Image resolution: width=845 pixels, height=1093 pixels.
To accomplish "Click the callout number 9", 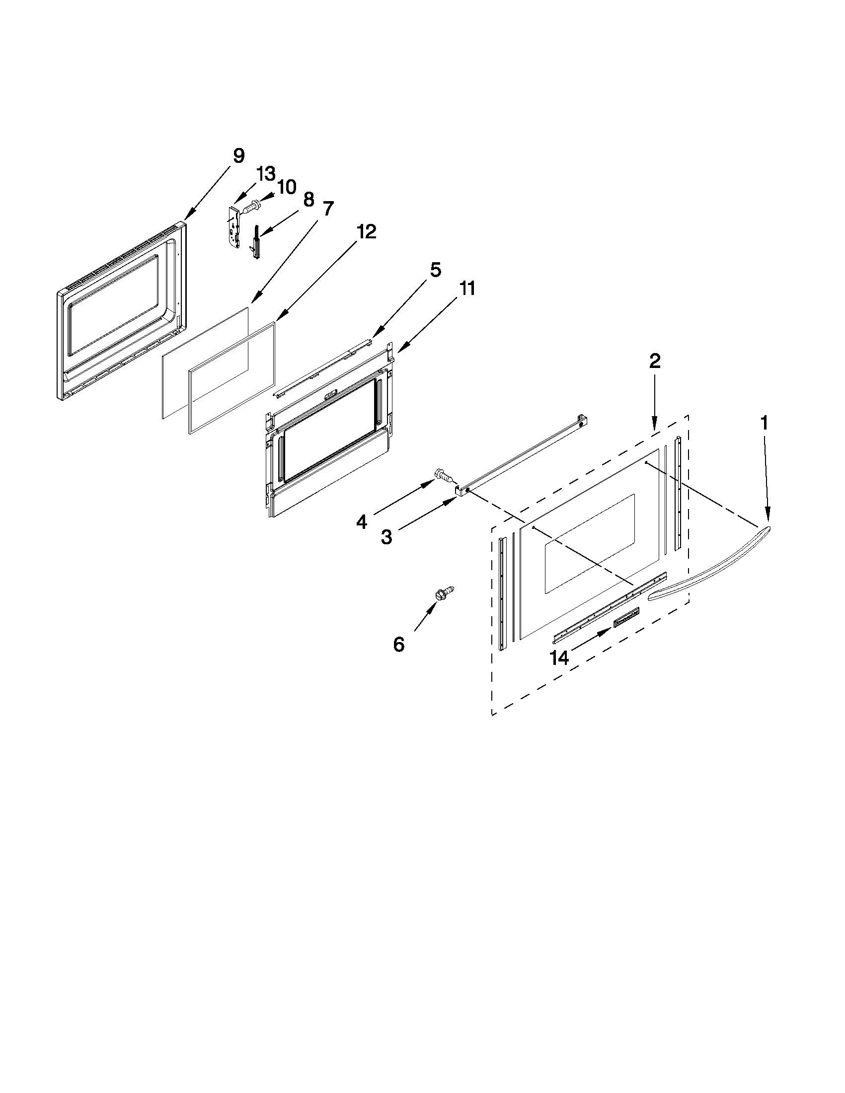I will coord(238,155).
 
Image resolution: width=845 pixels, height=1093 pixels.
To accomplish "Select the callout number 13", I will coord(266,174).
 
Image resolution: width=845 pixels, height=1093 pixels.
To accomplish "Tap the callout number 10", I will coord(286,187).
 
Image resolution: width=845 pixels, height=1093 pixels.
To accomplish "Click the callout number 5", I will coord(435,270).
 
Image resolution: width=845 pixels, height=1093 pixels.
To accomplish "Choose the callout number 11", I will coord(466,289).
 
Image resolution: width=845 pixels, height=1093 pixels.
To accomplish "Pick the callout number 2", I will coord(655,362).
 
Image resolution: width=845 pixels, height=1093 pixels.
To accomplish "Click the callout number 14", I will coord(560,657).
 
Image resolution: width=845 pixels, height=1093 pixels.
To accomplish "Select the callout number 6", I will coord(398,645).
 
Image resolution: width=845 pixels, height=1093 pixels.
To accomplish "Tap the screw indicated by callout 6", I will coord(446,592).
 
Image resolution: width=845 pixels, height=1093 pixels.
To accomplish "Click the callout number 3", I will coord(386,537).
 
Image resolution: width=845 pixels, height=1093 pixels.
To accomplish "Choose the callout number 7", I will coord(328,208).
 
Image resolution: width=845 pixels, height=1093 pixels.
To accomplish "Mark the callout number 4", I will coord(362,522).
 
